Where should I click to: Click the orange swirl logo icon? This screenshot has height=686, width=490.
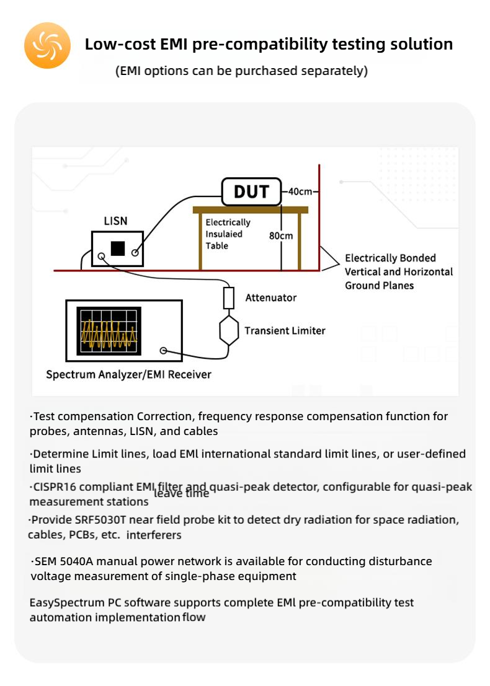(x=47, y=45)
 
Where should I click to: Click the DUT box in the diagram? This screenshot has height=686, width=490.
(x=251, y=191)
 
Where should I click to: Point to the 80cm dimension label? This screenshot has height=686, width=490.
(x=280, y=235)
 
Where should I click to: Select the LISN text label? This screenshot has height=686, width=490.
(x=116, y=221)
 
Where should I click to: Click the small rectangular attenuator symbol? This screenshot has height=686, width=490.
(x=229, y=298)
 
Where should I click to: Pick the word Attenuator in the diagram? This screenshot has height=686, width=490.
(x=271, y=297)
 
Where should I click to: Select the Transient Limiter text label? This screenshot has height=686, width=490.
(x=285, y=330)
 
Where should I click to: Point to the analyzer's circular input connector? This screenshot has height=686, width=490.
(x=163, y=351)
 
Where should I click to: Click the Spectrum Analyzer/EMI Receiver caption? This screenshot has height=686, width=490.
(x=128, y=374)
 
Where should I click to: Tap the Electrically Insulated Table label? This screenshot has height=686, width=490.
(x=228, y=234)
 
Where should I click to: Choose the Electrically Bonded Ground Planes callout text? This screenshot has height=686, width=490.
(x=399, y=271)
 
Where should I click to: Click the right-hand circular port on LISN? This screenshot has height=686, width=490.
(x=135, y=253)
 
